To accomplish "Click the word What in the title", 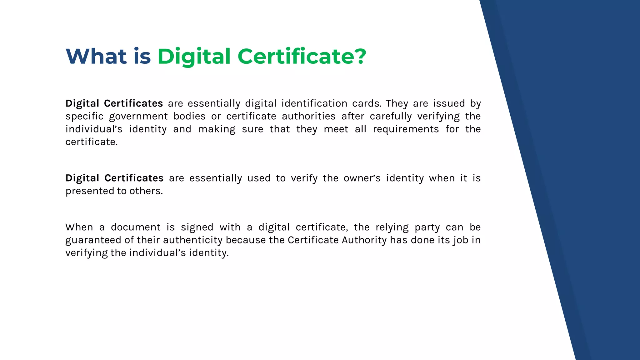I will coord(96,57).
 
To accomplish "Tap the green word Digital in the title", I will coord(194,57).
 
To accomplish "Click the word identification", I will coord(314,103).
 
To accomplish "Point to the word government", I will coord(138,116).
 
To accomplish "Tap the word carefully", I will coord(391,116).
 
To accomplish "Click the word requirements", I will coord(406,129).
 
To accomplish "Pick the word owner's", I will coord(362,178).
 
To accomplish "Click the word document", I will coord(136,227).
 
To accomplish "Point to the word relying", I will coord(392,227).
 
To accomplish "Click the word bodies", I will coord(189,116).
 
